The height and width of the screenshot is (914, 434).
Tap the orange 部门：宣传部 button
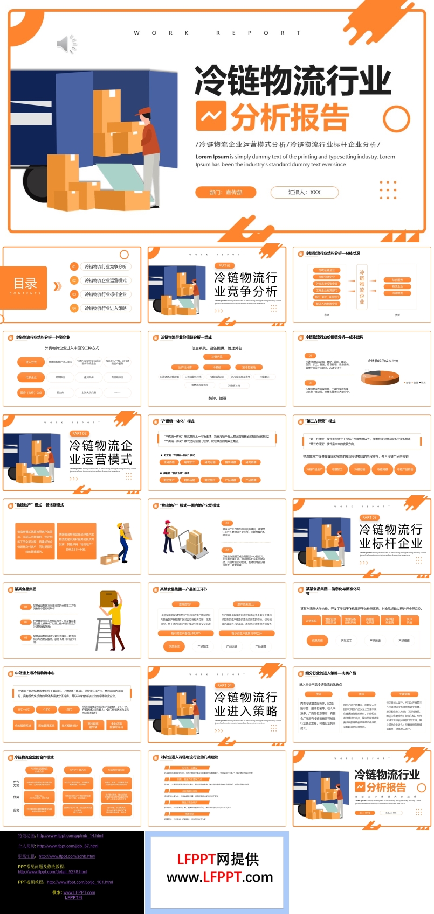click(x=226, y=192)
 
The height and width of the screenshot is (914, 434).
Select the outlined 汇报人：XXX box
click(x=304, y=192)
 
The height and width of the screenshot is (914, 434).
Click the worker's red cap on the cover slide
click(x=144, y=111)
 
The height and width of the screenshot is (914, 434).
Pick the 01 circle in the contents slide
click(x=74, y=266)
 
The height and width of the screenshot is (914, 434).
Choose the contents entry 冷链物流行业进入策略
click(x=106, y=308)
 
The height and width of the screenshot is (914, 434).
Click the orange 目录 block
click(x=26, y=286)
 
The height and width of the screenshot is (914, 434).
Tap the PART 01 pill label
click(x=224, y=265)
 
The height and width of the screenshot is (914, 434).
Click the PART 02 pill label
click(x=79, y=433)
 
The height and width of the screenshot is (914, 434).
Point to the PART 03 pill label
click(x=369, y=517)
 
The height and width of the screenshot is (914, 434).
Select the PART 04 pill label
click(x=224, y=685)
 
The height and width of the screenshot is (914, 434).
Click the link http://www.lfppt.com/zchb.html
click(x=67, y=856)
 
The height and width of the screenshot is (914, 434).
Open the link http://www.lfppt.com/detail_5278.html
click(x=52, y=871)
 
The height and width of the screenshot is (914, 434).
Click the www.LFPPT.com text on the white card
click(x=219, y=877)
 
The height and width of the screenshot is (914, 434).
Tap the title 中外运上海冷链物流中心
click(x=35, y=673)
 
